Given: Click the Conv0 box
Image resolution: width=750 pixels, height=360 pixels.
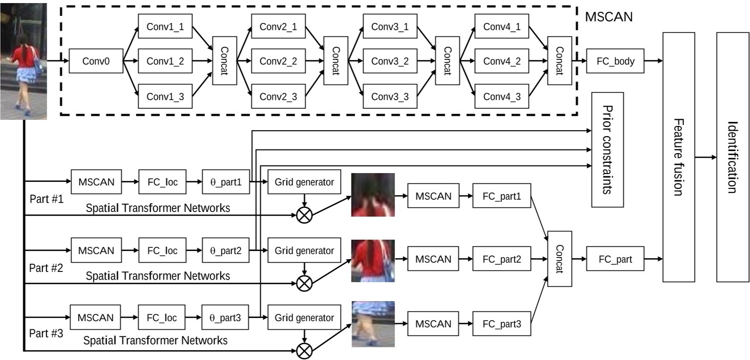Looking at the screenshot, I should pyautogui.click(x=96, y=61).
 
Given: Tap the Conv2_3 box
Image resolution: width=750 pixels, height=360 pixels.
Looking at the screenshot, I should pyautogui.click(x=278, y=96).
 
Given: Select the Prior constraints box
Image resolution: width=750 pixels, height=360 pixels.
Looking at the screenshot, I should pyautogui.click(x=608, y=150).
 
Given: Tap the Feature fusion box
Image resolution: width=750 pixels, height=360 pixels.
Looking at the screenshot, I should pyautogui.click(x=679, y=157).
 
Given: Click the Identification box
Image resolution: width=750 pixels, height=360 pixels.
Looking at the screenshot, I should pyautogui.click(x=733, y=157).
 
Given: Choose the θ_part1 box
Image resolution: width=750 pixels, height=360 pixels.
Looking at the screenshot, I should pyautogui.click(x=226, y=181).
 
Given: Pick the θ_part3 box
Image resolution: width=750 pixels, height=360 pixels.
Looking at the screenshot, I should pyautogui.click(x=226, y=317).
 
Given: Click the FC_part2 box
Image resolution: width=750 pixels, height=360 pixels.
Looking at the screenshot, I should pyautogui.click(x=502, y=259).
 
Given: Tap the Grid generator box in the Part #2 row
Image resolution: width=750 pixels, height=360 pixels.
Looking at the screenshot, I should pyautogui.click(x=304, y=251).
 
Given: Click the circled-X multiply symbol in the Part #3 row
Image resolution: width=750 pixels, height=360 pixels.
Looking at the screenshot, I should pyautogui.click(x=305, y=351).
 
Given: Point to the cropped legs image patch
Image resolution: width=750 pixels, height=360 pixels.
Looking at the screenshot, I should pyautogui.click(x=373, y=325).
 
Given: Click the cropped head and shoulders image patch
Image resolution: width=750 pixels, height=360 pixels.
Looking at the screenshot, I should pyautogui.click(x=373, y=195).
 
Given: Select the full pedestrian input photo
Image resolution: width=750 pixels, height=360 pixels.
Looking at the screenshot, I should pyautogui.click(x=24, y=61).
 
